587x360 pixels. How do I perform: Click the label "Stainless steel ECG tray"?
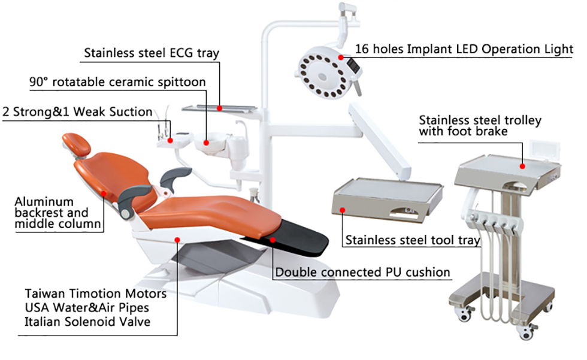pos(151,53)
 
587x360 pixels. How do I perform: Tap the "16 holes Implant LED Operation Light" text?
pos(464,49)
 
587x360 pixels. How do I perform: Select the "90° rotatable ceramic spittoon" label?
pos(117,81)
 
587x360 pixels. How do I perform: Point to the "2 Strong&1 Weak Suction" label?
pos(78,112)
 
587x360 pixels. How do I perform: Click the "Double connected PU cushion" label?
pos(362,273)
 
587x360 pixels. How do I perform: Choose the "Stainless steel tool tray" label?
pos(412,241)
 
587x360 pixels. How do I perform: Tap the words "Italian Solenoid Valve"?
pos(87,322)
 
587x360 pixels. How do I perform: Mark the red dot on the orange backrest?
pos(104,193)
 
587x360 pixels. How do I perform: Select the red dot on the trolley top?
pos(522,166)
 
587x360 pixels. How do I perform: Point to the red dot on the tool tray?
pos(343,209)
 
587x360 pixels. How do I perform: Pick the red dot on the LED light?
pos(341,57)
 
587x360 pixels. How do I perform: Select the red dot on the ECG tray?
pos(220,108)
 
